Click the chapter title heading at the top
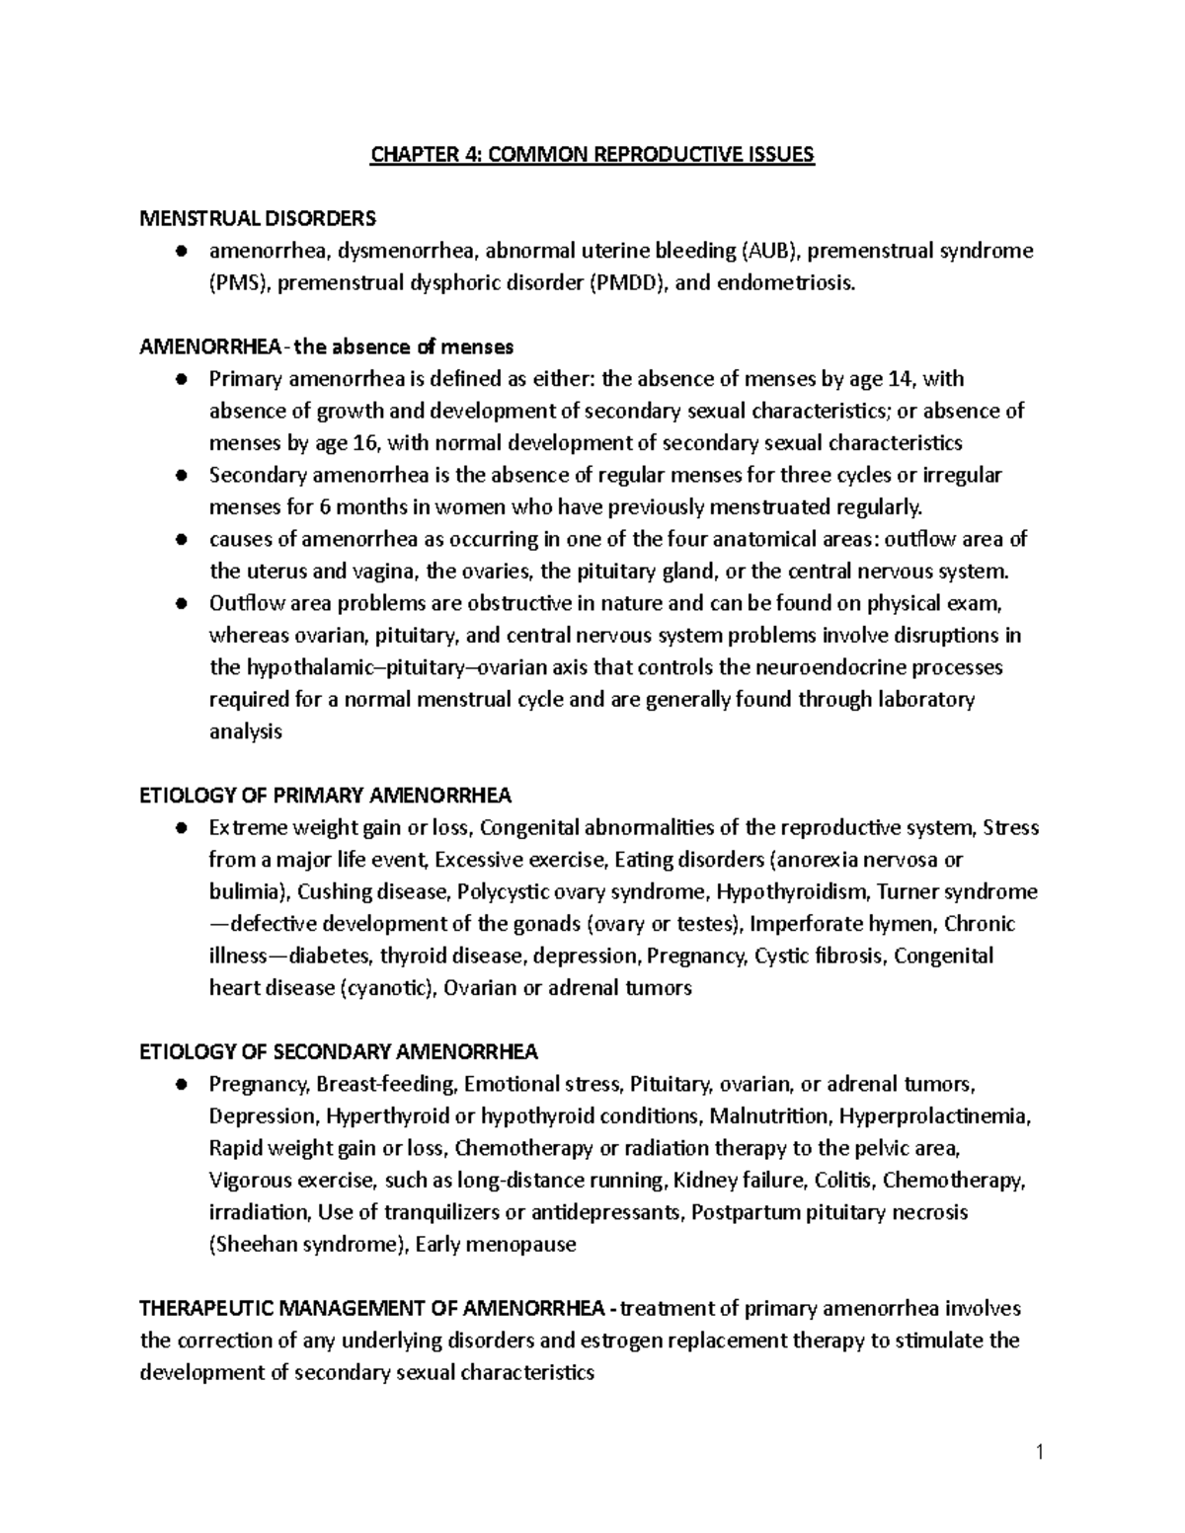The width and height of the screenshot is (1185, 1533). [592, 155]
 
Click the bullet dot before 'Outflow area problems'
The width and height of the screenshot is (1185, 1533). [181, 603]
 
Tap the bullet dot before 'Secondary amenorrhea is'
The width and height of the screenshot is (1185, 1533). [181, 476]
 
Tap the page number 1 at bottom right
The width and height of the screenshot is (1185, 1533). [1040, 1452]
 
